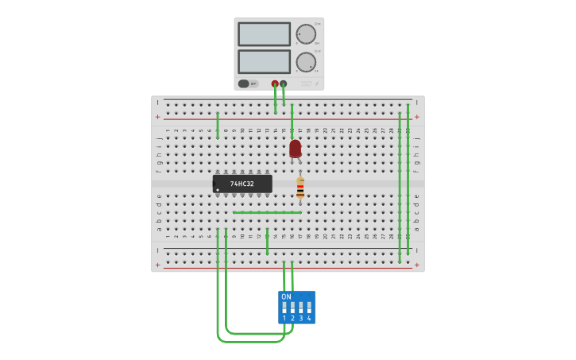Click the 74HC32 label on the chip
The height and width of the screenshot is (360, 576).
coord(242,184)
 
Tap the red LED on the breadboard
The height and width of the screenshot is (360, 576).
coord(295,148)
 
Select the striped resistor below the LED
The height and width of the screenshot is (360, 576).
coord(300,188)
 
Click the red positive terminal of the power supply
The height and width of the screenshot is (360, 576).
coord(275,83)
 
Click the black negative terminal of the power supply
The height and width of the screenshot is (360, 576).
coord(284,83)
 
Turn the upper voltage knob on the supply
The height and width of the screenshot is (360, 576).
coord(306,34)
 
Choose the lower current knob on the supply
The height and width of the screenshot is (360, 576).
coord(306,62)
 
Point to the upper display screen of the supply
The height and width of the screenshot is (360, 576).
coord(264,34)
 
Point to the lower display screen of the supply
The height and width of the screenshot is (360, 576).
coord(264,62)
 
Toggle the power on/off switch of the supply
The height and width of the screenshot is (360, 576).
coord(244,83)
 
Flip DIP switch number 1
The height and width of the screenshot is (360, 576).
coord(284,308)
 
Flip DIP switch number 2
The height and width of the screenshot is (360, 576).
coord(292,308)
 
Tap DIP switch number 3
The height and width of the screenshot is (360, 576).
coord(301,308)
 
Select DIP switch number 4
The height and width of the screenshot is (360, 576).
coord(309,308)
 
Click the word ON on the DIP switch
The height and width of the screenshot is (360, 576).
coord(286,296)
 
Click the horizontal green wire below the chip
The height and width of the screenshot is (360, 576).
coord(267,212)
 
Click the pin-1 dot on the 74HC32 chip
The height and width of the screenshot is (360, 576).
coord(218,190)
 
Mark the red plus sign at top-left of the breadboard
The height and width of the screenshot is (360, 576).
coord(157,117)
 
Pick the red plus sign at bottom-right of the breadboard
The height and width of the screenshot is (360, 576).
coord(417,265)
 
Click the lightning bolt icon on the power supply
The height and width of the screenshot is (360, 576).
coord(317,83)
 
